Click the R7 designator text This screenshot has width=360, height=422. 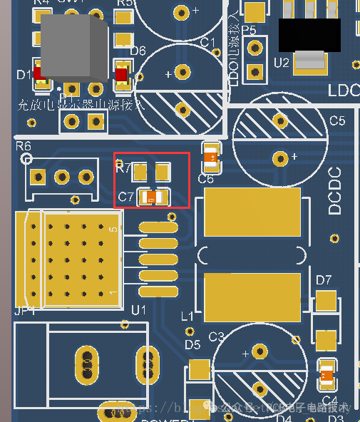point(123,168)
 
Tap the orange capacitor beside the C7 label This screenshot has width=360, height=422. point(152,198)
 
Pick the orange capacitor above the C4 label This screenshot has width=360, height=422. point(326,374)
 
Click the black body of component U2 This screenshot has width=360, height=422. point(309,34)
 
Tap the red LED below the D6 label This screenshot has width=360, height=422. point(121,73)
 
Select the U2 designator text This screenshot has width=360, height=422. point(282,63)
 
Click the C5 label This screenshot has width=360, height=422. point(337,120)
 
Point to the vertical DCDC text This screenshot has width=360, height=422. point(335,190)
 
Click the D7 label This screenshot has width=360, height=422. point(324,279)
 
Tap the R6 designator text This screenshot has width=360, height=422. point(24,146)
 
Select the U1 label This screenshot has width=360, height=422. point(138,309)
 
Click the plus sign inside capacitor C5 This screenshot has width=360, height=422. point(294,155)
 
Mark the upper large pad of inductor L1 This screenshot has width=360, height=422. point(252,212)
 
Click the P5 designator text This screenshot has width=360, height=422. point(249,30)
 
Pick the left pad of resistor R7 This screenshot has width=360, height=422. point(141,172)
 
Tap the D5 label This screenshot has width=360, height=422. point(192,345)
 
